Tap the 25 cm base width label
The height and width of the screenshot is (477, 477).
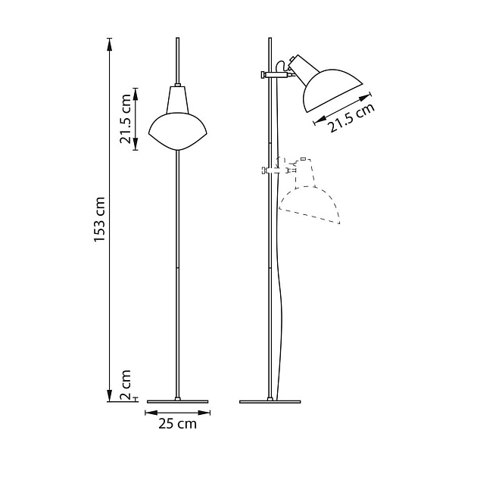tap(177, 424)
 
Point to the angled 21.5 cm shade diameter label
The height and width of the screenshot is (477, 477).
tap(351, 119)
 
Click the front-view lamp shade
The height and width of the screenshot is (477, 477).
tap(178, 131)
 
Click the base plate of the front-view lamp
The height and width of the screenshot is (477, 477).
tap(178, 400)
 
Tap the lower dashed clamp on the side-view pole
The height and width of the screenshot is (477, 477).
tap(271, 170)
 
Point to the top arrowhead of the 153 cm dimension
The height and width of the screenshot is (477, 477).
tap(111, 39)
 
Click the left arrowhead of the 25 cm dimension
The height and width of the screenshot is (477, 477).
tap(148, 413)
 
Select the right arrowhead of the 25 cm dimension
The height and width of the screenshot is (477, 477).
tap(208, 413)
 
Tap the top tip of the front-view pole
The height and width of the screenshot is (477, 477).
tap(178, 37)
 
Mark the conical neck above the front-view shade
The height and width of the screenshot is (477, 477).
tap(178, 99)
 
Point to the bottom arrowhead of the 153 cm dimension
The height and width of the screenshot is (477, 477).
tap(111, 398)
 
